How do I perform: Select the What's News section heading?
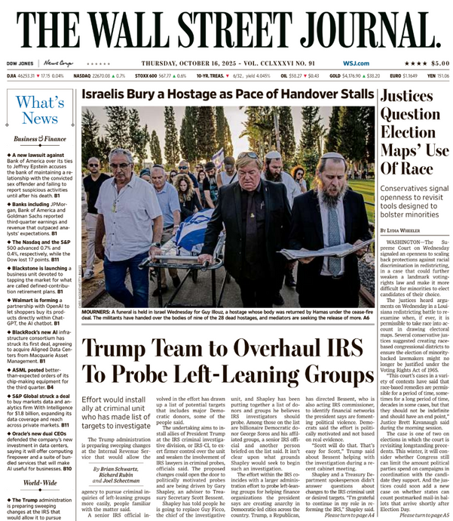tap(39, 110)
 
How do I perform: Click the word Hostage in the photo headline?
tap(190, 96)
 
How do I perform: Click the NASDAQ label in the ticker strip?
tap(83, 76)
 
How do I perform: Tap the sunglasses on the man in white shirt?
tap(121, 162)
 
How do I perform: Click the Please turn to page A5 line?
tap(415, 515)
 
